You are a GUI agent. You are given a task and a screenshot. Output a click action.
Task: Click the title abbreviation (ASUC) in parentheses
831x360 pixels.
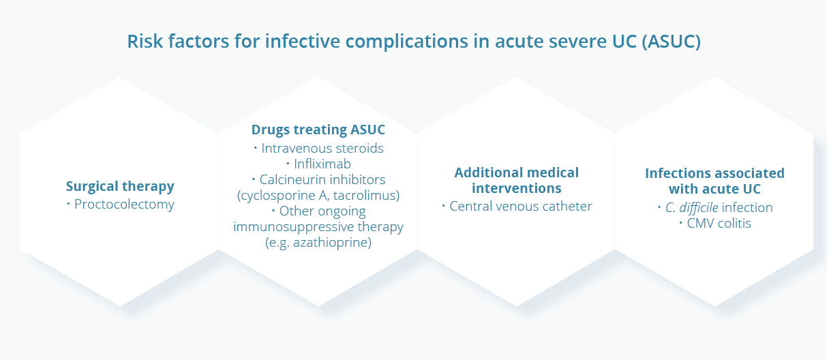click(x=671, y=41)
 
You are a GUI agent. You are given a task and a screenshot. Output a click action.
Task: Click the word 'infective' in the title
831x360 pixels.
click(x=303, y=41)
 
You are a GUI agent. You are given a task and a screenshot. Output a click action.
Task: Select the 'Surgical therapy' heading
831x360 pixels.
click(x=120, y=186)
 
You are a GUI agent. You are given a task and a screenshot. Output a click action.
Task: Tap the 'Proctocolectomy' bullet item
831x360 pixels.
click(x=121, y=204)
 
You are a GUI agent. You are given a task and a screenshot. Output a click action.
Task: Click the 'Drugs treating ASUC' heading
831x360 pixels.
click(x=318, y=130)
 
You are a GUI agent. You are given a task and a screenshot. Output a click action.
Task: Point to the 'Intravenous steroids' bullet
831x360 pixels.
click(x=318, y=148)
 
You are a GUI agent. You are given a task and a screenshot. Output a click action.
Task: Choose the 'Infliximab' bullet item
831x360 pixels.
click(x=318, y=164)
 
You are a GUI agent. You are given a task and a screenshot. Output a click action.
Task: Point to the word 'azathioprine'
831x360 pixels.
click(x=332, y=243)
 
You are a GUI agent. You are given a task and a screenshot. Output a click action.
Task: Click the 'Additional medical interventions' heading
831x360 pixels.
click(x=517, y=181)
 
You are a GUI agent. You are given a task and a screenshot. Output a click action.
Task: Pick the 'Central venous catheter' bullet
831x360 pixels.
click(x=517, y=207)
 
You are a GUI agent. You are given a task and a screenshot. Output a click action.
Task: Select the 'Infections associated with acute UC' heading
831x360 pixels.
click(x=714, y=181)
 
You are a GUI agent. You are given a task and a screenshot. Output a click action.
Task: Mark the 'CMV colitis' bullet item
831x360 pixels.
click(x=715, y=224)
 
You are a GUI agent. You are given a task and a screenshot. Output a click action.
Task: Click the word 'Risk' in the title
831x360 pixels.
click(x=145, y=41)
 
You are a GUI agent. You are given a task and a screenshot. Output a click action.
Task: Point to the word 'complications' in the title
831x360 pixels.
click(x=406, y=42)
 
